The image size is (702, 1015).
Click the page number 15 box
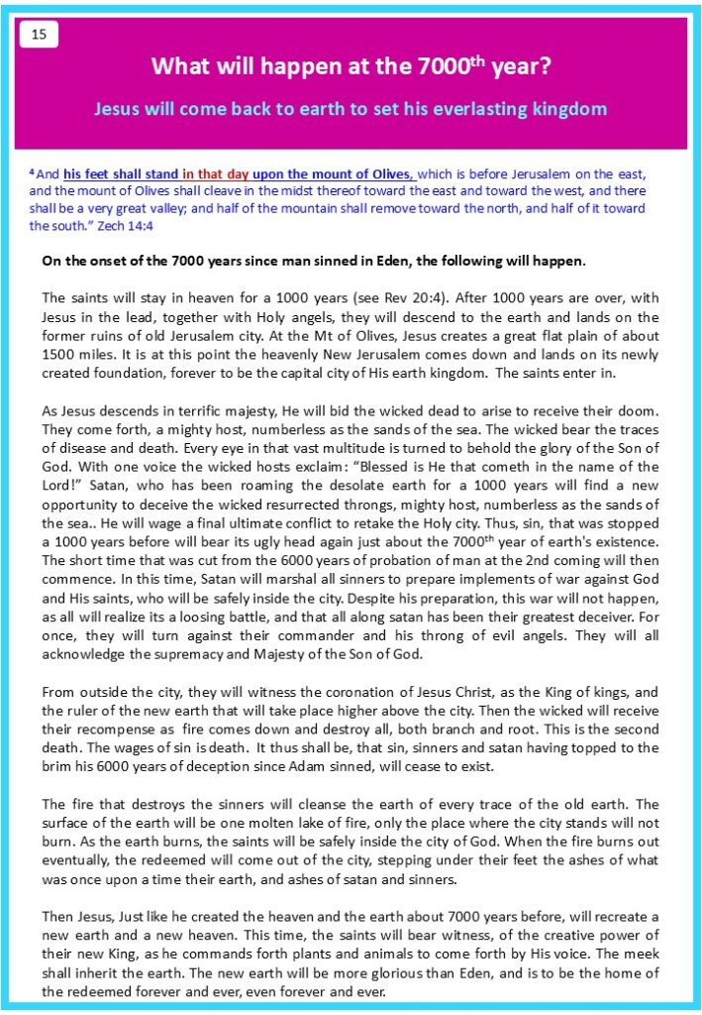(39, 35)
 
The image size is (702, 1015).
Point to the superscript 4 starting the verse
(32, 169)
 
